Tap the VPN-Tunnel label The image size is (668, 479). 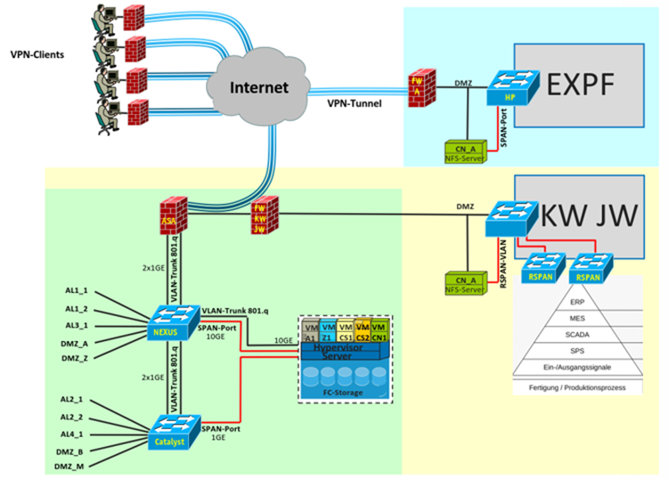(355, 103)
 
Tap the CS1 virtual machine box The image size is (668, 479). (346, 332)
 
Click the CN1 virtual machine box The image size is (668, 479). (379, 332)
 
